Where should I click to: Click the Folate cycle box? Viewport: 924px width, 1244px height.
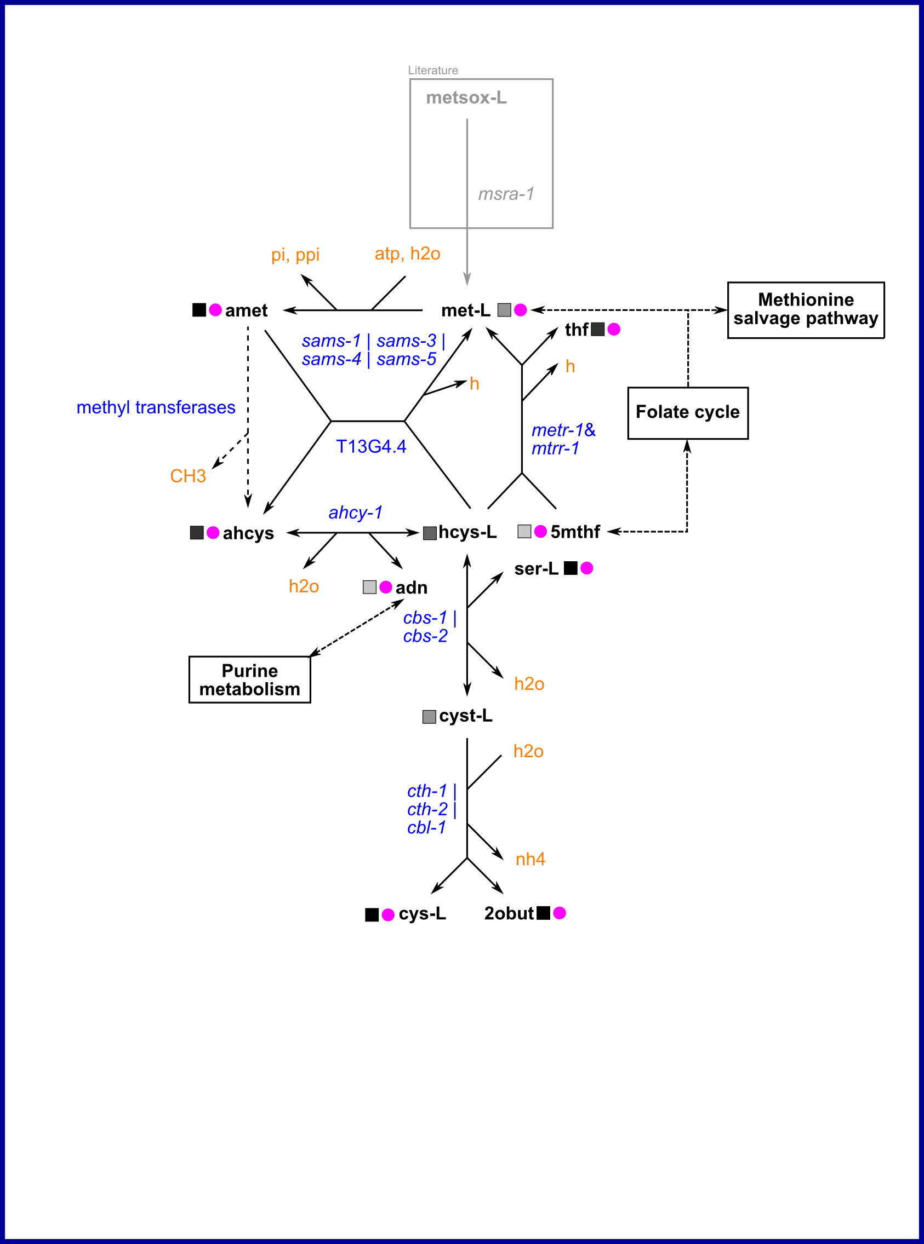(687, 413)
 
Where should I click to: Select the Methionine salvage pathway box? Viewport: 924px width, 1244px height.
(806, 309)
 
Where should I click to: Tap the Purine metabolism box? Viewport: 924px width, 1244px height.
(249, 679)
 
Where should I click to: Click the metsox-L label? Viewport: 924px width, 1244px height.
(466, 98)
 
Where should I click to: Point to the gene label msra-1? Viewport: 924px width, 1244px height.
(506, 194)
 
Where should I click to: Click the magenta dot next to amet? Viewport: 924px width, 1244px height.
(215, 309)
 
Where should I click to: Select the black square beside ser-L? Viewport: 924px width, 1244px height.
(570, 568)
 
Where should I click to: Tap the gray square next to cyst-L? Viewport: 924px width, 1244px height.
(429, 716)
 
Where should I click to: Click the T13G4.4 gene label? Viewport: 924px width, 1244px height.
(371, 447)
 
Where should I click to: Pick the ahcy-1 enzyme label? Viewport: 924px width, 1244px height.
(355, 512)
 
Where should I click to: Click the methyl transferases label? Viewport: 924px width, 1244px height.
(156, 407)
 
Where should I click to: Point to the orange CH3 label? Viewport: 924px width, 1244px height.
(188, 476)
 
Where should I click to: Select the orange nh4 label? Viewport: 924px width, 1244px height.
(529, 859)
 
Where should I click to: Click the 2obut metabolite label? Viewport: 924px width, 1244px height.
(509, 913)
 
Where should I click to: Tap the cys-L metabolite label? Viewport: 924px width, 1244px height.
(422, 914)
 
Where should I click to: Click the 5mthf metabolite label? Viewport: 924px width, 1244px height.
(574, 532)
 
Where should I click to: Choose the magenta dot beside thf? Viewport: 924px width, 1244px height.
(614, 329)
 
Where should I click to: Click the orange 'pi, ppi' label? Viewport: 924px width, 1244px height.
(295, 255)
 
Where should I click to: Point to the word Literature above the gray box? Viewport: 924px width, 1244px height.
(433, 71)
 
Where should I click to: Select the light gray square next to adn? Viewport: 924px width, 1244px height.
(369, 587)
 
